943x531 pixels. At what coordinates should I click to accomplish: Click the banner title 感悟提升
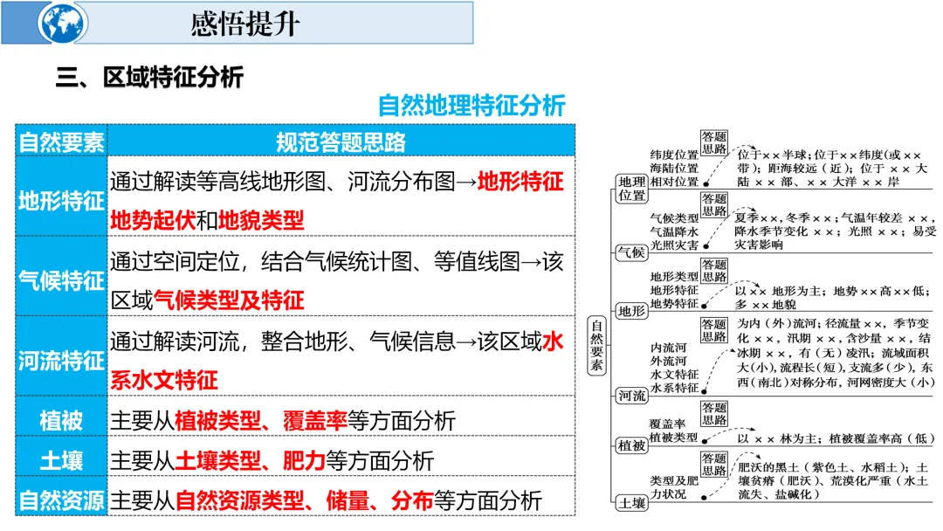coord(245,23)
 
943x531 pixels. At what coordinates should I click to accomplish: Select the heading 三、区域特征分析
coord(149,78)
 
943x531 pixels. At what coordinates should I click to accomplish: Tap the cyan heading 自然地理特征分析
coord(471,106)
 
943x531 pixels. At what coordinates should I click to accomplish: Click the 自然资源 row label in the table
coord(61,500)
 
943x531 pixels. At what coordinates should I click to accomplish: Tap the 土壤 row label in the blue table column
coord(61,460)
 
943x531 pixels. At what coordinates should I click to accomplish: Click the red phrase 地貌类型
coord(261,220)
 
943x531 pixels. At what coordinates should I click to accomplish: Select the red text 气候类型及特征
coord(229,300)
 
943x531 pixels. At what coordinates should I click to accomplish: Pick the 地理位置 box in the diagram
coord(631,188)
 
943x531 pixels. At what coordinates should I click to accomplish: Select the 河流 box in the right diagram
coord(631,396)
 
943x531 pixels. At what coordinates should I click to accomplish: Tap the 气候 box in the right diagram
coord(631,252)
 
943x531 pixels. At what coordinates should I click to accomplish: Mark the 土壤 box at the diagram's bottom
coord(631,503)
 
